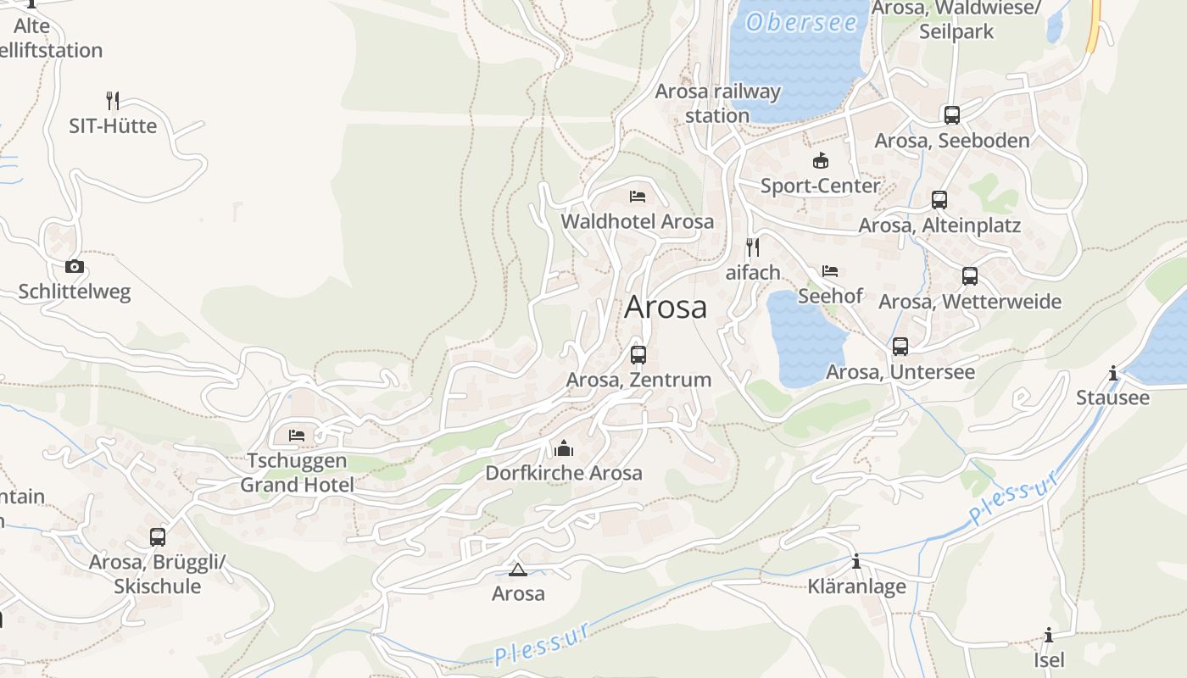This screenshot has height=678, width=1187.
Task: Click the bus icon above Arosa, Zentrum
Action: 638,354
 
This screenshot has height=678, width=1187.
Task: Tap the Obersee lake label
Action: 801,22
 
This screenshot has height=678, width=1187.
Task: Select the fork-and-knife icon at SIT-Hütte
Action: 112,100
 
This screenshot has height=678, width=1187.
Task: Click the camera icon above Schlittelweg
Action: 75,266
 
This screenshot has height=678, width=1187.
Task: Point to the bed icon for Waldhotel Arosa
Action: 638,197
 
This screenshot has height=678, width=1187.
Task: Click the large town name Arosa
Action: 666,307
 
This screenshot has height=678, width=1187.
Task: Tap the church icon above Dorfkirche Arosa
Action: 564,447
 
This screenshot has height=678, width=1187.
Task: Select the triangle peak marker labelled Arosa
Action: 518,570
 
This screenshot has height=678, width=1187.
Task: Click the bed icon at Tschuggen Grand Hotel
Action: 297,435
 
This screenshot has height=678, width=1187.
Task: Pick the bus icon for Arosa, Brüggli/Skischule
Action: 158,536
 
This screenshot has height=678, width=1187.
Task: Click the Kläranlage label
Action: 856,586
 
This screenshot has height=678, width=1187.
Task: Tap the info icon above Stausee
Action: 1113,373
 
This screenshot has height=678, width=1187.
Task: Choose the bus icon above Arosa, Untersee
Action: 900,346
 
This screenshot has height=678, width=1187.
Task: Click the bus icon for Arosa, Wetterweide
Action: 970,275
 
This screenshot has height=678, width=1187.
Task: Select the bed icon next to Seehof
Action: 830,271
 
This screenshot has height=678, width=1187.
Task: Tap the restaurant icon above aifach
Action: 752,247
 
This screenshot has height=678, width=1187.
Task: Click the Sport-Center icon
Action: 820,160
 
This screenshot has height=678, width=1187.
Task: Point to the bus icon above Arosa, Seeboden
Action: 951,114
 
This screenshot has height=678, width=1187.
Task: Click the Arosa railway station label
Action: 717,103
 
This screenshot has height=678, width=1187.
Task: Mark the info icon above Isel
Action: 1049,635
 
